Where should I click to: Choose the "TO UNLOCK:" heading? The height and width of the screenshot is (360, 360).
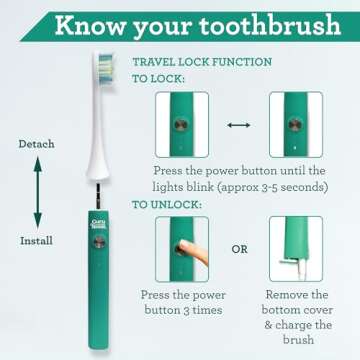167,205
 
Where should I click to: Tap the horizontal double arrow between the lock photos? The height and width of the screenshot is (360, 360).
237,126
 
